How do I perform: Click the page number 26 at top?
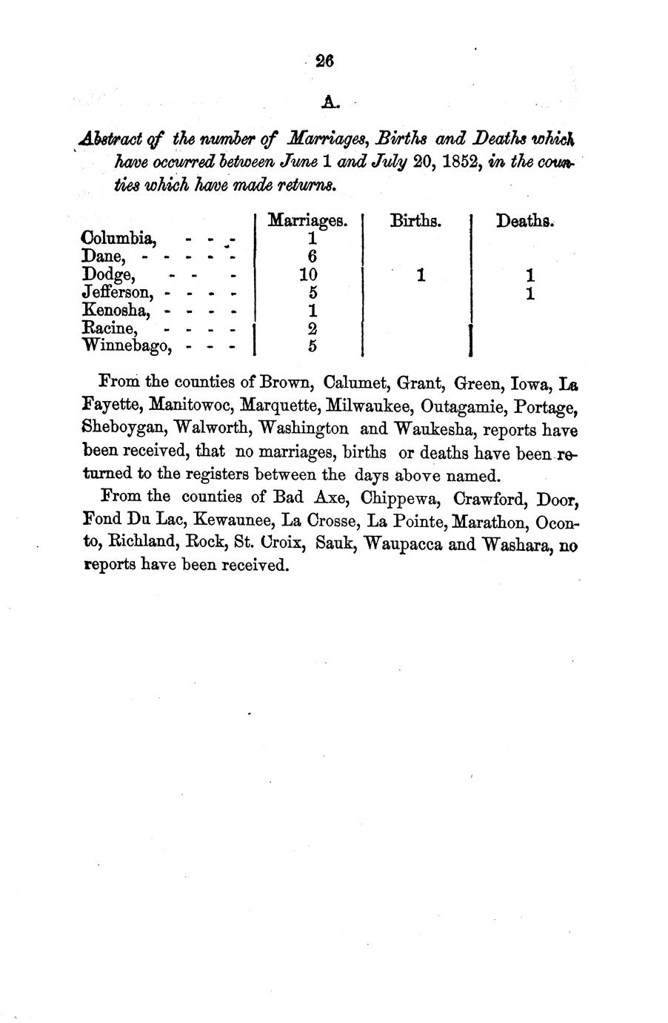pyautogui.click(x=324, y=62)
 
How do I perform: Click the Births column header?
pyautogui.click(x=415, y=220)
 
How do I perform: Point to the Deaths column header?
pyautogui.click(x=525, y=220)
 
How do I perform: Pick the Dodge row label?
pyautogui.click(x=109, y=275)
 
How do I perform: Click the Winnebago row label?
pyautogui.click(x=127, y=345)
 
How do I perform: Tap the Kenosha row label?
pyautogui.click(x=118, y=310)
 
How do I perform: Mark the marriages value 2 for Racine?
pyautogui.click(x=313, y=328)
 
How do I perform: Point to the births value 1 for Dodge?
pyautogui.click(x=421, y=275)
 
